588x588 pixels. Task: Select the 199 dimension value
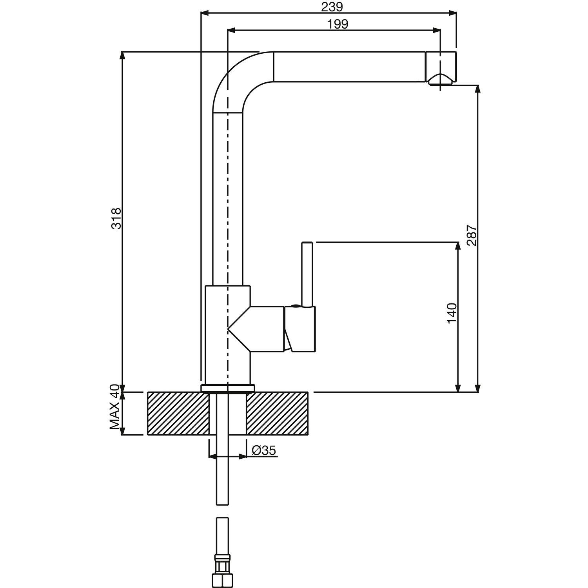coord(338,24)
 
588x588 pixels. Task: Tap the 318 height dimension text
coord(116,219)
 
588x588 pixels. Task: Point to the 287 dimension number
coord(472,235)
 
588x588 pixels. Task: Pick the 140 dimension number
coord(452,313)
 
